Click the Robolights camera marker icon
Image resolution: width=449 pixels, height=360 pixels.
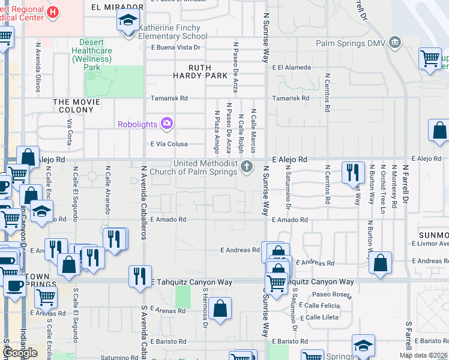click(x=166, y=124)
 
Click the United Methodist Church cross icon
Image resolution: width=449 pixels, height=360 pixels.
click(x=246, y=167)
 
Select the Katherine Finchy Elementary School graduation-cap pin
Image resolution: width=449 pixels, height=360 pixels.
click(x=128, y=21)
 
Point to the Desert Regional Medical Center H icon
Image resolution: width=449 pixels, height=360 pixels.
click(x=53, y=11)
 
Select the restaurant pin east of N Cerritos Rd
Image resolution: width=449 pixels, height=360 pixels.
click(x=353, y=173)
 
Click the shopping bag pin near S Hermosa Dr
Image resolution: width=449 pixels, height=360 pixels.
click(x=221, y=309)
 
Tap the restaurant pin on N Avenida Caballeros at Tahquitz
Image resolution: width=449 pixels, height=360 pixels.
click(x=140, y=276)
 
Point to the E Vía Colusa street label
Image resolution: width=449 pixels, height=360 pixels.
click(x=169, y=144)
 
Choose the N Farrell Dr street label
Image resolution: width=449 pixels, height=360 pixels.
click(x=406, y=183)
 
